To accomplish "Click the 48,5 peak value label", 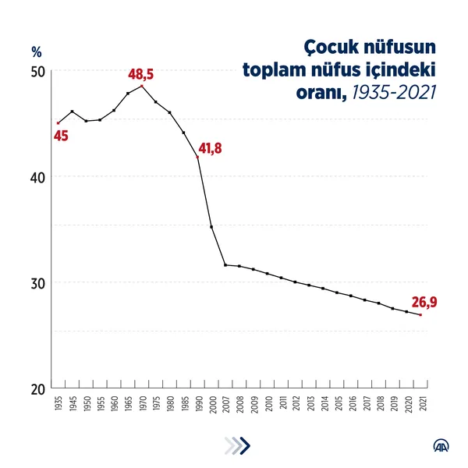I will click(x=140, y=75).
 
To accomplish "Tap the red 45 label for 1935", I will click(x=61, y=136).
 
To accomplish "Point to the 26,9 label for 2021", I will click(x=424, y=301).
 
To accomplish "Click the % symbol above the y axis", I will click(x=36, y=53).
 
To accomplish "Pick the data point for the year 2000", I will click(x=211, y=227).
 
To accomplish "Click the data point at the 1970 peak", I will click(x=142, y=86).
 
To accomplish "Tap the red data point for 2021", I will click(x=420, y=314).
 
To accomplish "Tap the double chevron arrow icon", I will click(x=237, y=445).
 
